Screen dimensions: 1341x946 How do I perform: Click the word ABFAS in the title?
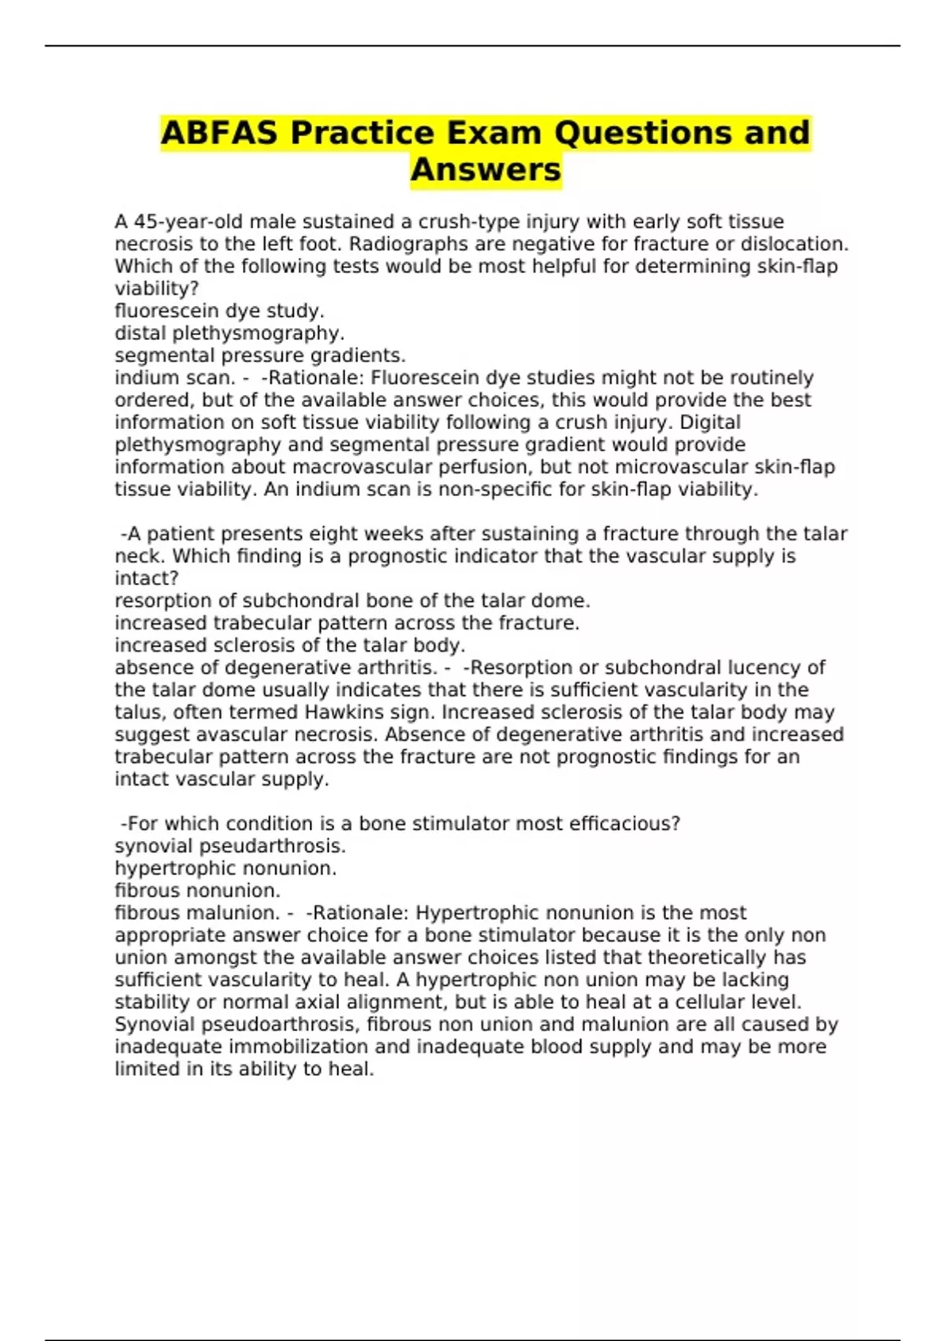click(220, 133)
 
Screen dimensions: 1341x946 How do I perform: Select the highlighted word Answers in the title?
click(486, 170)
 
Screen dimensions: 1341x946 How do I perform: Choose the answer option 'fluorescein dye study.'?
click(219, 311)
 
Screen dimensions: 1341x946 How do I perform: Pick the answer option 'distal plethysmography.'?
click(229, 333)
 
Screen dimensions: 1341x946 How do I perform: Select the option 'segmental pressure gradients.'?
click(260, 355)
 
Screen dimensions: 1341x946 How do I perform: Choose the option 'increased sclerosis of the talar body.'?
click(290, 645)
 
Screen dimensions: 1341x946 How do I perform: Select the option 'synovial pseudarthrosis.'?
click(230, 846)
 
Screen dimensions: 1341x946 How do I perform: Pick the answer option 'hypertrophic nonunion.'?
click(225, 868)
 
